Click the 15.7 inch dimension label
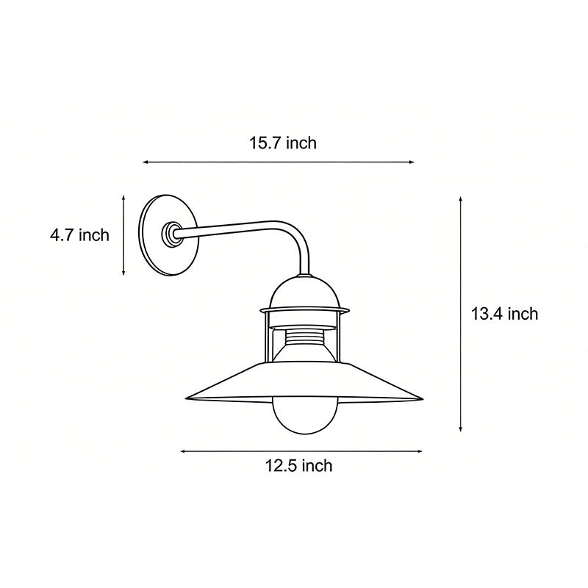coord(282,143)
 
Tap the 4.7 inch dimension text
coord(79,235)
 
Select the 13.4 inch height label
coord(504,314)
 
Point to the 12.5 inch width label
coord(298,465)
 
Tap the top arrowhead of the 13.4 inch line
coord(461,198)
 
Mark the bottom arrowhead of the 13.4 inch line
coord(461,429)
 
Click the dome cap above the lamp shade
coord(304,292)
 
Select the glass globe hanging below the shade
coord(304,419)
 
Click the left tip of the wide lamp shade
coord(187,398)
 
